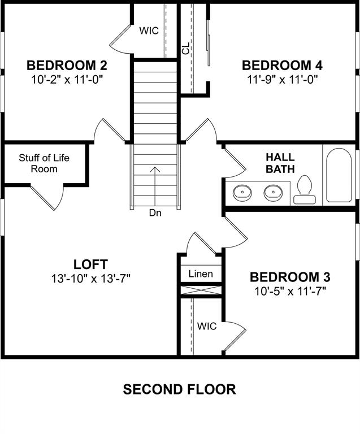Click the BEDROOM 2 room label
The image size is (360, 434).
tap(67, 64)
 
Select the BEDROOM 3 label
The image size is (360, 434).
tap(290, 277)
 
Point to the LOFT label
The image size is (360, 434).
tap(90, 264)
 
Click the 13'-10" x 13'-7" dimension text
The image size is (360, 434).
tap(90, 278)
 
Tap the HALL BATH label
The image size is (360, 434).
tap(280, 163)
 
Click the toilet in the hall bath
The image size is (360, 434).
tap(305, 189)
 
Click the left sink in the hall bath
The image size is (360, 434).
tap(243, 192)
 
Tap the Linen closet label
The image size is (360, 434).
tap(201, 274)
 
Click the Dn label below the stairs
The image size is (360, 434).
tap(155, 213)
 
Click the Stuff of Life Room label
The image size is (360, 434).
tap(44, 163)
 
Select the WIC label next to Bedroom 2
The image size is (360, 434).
tap(149, 31)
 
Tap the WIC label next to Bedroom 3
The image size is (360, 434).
tap(207, 326)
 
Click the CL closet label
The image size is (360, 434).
tap(186, 49)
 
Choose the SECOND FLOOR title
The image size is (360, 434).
tap(180, 389)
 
